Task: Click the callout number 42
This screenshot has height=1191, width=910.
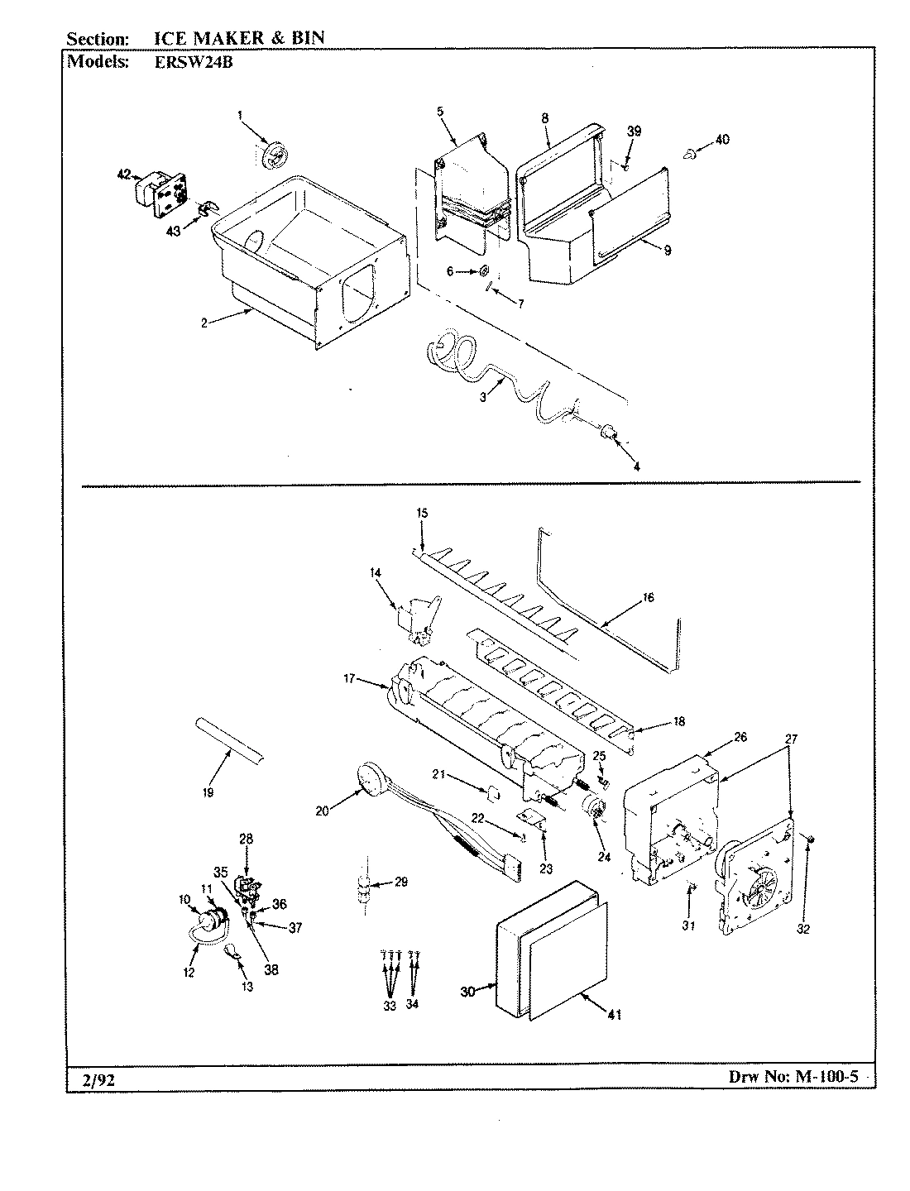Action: pyautogui.click(x=123, y=175)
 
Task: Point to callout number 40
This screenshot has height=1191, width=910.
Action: pyautogui.click(x=722, y=140)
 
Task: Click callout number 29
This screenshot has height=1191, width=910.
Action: pyautogui.click(x=400, y=882)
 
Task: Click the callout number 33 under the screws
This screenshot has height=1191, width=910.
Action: pyautogui.click(x=389, y=1006)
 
